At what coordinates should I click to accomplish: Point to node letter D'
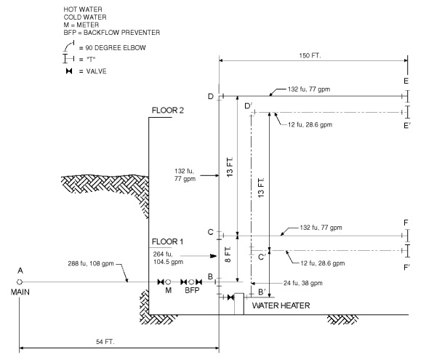click(x=249, y=107)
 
